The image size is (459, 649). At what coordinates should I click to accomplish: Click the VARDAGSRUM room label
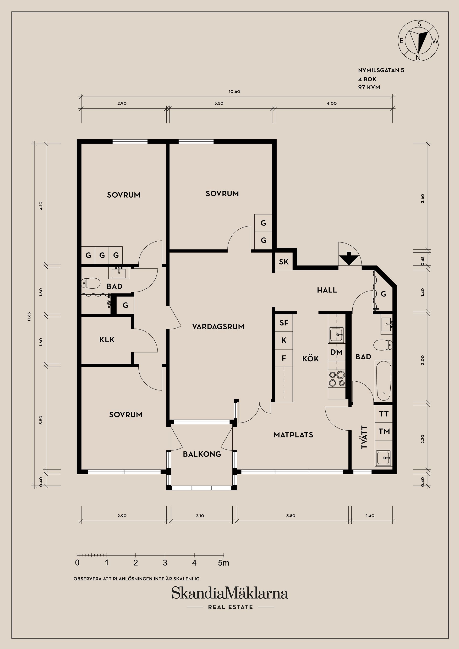pos(218,326)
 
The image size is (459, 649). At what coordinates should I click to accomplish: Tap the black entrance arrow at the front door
pos(349,258)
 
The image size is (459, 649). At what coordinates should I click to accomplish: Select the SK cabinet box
pos(284,262)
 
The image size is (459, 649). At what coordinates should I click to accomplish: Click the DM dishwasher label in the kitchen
pos(337,352)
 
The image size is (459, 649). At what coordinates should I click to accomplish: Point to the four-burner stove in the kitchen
pos(337,379)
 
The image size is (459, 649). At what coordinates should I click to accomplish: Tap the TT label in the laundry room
pos(384,414)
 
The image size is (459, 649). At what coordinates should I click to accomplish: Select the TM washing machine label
pos(384,431)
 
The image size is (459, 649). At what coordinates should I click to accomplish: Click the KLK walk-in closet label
pos(107,340)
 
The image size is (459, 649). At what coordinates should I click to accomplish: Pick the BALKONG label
pos(202,454)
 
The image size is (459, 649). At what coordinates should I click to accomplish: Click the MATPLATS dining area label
pos(293,435)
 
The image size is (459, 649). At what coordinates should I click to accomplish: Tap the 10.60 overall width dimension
pos(235,92)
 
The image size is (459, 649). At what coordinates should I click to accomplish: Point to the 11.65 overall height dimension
pos(29,317)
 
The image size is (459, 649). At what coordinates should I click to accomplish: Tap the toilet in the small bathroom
pos(91,283)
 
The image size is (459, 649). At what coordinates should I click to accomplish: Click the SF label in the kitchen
pos(284,323)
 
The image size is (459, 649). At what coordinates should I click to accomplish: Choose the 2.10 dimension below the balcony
pos(200,516)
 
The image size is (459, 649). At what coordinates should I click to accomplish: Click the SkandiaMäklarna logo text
pos(230,593)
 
